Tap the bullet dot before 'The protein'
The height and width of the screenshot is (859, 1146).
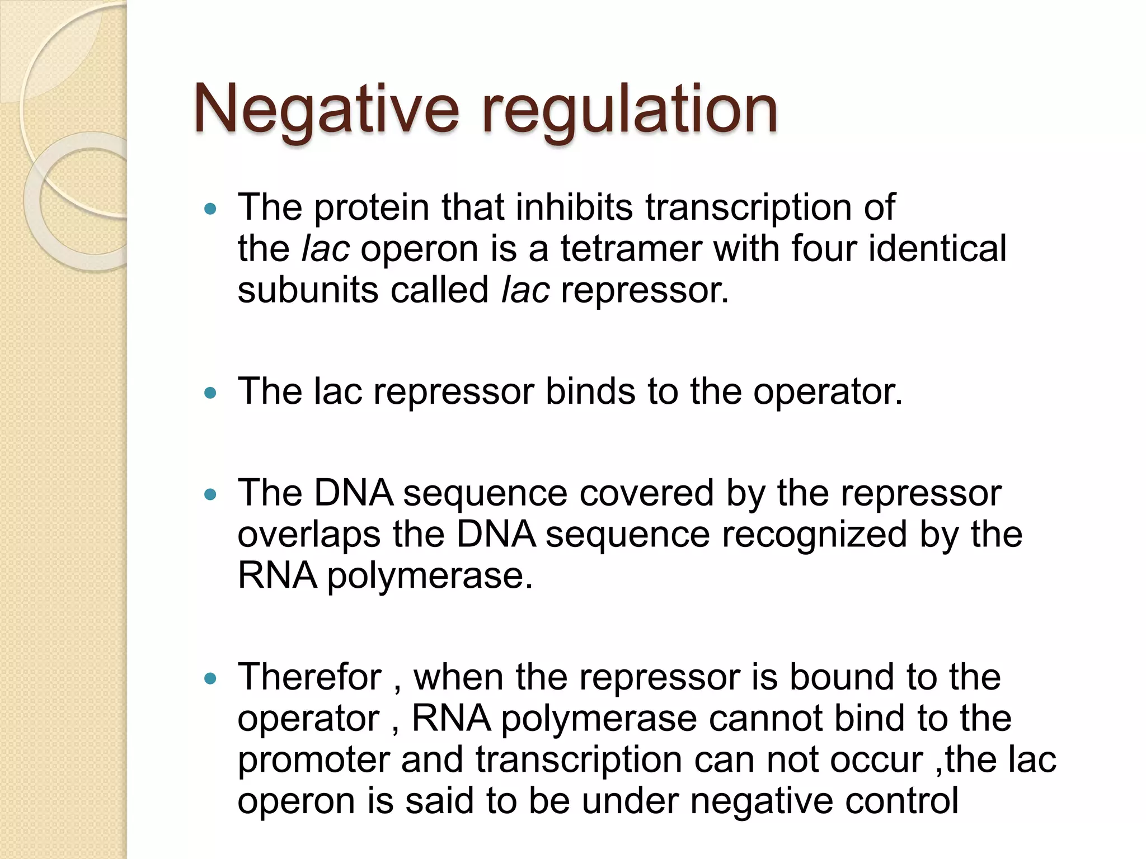210,209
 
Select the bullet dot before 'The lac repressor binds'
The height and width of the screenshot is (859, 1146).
210,393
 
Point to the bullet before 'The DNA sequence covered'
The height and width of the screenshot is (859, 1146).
210,494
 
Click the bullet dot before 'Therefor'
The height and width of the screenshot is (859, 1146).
210,679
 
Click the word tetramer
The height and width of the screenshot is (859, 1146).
631,249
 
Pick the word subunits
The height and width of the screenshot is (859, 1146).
308,290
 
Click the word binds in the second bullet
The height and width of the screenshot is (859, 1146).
590,391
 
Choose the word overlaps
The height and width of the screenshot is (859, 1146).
309,535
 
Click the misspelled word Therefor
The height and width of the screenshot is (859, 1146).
309,677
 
